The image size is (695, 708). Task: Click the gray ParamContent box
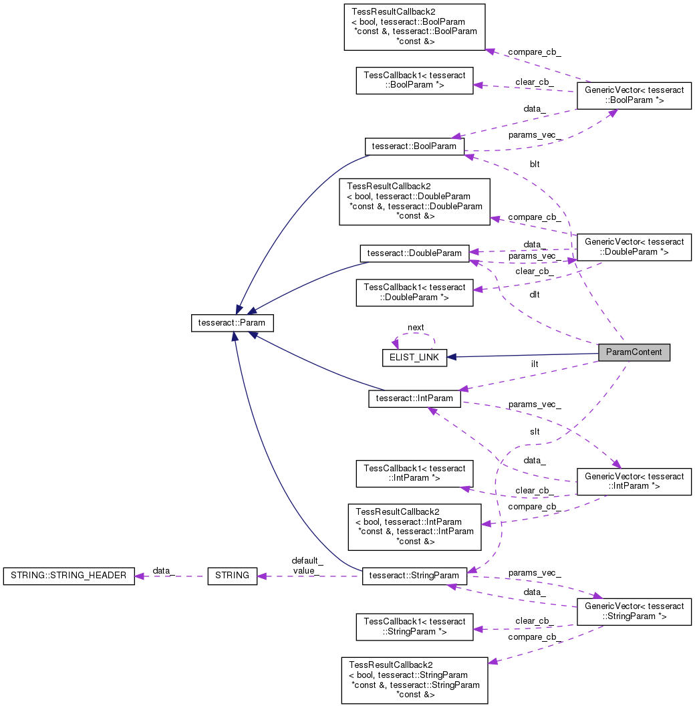(x=634, y=353)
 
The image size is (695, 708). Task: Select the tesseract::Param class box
(x=233, y=322)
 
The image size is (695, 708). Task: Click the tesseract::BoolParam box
(x=414, y=146)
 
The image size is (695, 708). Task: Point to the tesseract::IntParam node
(x=414, y=398)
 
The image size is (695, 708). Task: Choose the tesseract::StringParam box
(x=414, y=576)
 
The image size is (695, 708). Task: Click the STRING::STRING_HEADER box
(x=69, y=576)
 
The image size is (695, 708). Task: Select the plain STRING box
(x=233, y=576)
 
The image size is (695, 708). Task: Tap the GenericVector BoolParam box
(x=634, y=95)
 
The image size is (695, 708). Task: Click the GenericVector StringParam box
(x=634, y=611)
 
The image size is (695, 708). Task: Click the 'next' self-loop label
(x=416, y=328)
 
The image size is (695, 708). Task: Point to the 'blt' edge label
(x=535, y=164)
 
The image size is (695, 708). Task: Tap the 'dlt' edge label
(x=535, y=293)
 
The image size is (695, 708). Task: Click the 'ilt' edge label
(x=535, y=364)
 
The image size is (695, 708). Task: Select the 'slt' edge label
(x=535, y=432)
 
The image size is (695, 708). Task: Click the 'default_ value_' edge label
(x=307, y=566)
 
